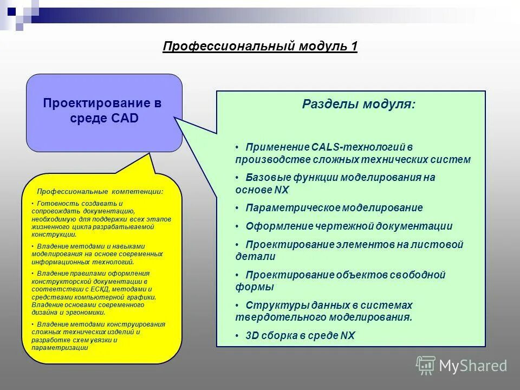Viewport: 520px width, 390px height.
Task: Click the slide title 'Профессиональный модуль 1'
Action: [260, 47]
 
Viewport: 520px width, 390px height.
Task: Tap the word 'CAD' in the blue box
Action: [126, 118]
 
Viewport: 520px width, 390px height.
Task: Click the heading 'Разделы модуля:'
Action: [359, 104]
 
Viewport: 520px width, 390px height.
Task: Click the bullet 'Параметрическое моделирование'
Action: [334, 207]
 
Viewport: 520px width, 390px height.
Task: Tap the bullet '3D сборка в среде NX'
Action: [300, 335]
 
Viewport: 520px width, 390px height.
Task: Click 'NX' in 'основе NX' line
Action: [282, 190]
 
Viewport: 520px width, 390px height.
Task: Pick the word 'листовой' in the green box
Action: [443, 244]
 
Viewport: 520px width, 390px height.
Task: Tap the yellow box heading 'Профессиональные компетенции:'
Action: [100, 192]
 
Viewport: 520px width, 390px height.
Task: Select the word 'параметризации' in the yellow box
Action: [60, 348]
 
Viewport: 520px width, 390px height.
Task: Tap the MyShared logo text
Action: [473, 366]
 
